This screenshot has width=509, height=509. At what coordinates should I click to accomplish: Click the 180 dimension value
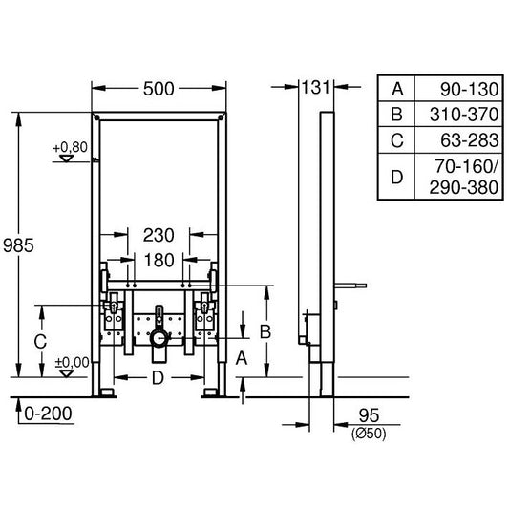159,260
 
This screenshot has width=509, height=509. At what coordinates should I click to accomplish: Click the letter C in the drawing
40,340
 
